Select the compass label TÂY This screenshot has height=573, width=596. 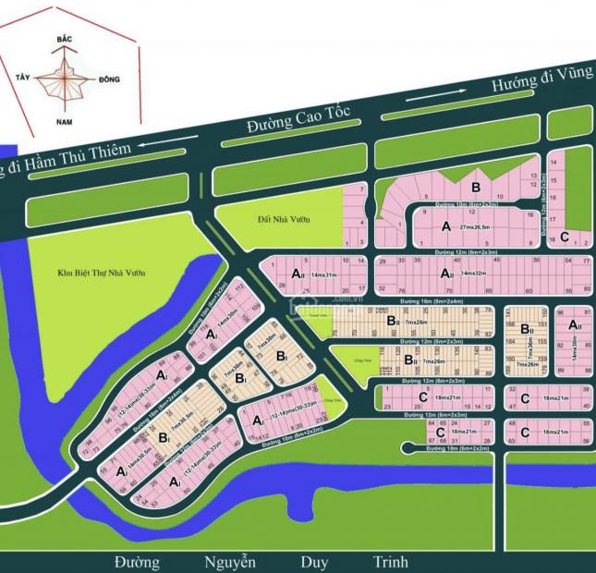(x=24, y=79)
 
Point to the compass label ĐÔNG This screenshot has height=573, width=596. (x=107, y=80)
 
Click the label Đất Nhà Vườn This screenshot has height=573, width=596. (x=284, y=220)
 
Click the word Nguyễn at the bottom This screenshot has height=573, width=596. (x=231, y=561)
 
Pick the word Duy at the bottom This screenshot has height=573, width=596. (x=314, y=561)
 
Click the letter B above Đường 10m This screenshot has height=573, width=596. (x=476, y=187)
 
